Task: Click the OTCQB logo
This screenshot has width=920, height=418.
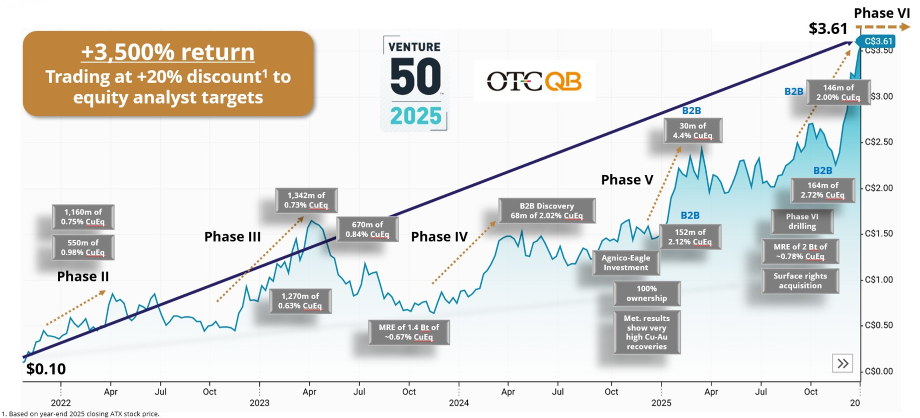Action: pyautogui.click(x=534, y=82)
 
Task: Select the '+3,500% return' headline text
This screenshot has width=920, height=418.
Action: pyautogui.click(x=168, y=52)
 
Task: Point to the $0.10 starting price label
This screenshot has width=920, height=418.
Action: pyautogui.click(x=46, y=369)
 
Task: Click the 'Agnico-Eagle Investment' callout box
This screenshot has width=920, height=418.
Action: pyautogui.click(x=626, y=263)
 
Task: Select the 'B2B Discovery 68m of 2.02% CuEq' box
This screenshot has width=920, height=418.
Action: pyautogui.click(x=547, y=211)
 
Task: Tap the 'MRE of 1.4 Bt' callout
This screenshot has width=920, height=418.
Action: pyautogui.click(x=409, y=332)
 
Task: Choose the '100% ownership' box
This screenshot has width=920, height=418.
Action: pyautogui.click(x=646, y=294)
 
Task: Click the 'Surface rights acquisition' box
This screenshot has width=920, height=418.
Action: pyautogui.click(x=800, y=281)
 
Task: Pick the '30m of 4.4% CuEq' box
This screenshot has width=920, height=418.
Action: pyautogui.click(x=693, y=131)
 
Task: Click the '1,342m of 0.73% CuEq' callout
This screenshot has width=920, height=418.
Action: pyautogui.click(x=306, y=200)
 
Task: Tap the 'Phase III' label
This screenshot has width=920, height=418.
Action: pyautogui.click(x=232, y=237)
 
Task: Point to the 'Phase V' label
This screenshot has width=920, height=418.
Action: pyautogui.click(x=627, y=180)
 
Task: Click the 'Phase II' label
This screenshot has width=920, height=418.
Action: pyautogui.click(x=83, y=276)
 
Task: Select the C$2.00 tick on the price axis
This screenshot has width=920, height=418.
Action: pyautogui.click(x=879, y=188)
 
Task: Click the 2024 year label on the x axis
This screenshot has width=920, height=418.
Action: pyautogui.click(x=459, y=403)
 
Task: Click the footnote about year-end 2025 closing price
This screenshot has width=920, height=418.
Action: pyautogui.click(x=80, y=414)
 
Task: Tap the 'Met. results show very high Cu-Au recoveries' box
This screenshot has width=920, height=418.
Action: pyautogui.click(x=646, y=332)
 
